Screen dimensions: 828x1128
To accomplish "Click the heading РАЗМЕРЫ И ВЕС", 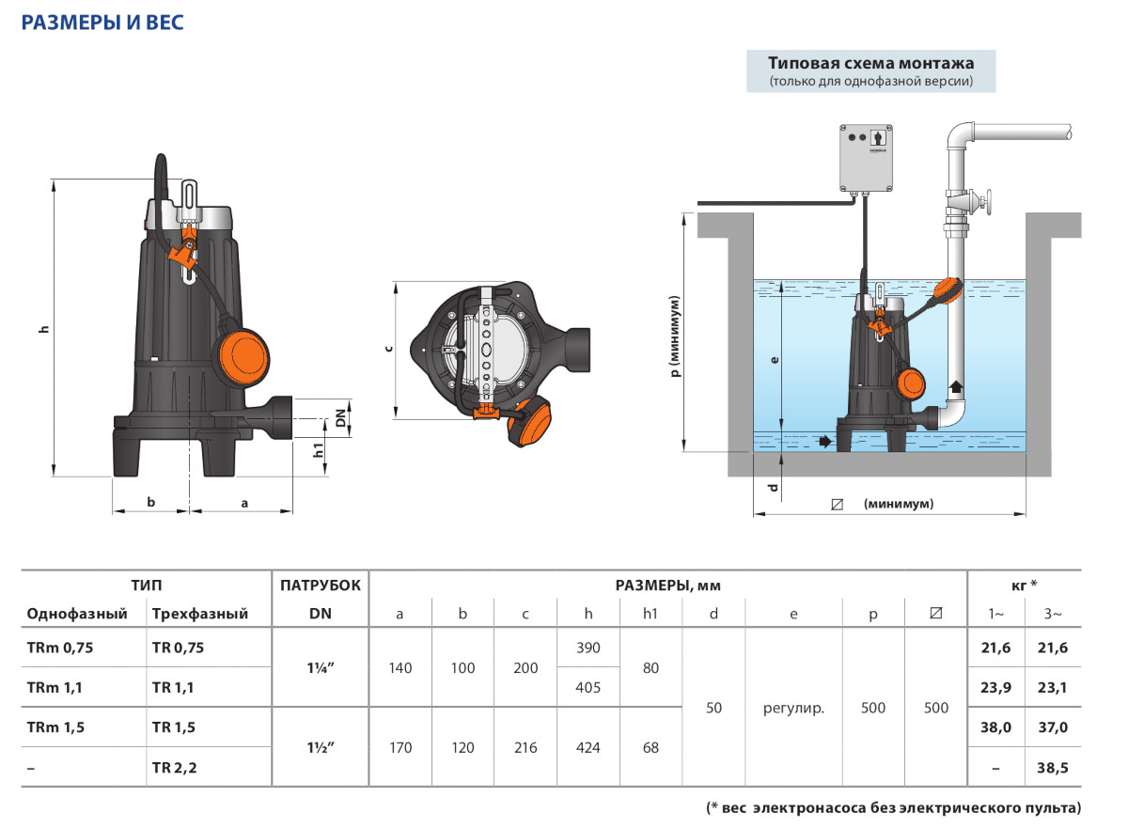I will (x=102, y=23).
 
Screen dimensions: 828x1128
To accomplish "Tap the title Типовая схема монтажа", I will (x=870, y=64).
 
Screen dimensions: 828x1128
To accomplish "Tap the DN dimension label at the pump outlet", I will (x=341, y=420).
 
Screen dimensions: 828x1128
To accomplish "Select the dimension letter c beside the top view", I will (x=389, y=349).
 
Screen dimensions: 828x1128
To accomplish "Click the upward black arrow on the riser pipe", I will (x=956, y=385).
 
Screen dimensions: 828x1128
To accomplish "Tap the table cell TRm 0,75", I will (x=61, y=648).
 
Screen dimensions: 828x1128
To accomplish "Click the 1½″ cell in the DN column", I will (x=320, y=747).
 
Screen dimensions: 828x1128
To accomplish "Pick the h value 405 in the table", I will (x=587, y=687).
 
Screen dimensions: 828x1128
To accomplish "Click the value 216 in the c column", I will (x=525, y=747).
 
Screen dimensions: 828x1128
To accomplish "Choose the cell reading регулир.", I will (x=793, y=708).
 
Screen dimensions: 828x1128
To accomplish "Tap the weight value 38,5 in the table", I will (x=1053, y=767).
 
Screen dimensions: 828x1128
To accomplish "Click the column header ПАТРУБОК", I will (x=320, y=585).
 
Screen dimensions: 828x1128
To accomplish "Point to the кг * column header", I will (x=1024, y=585).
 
